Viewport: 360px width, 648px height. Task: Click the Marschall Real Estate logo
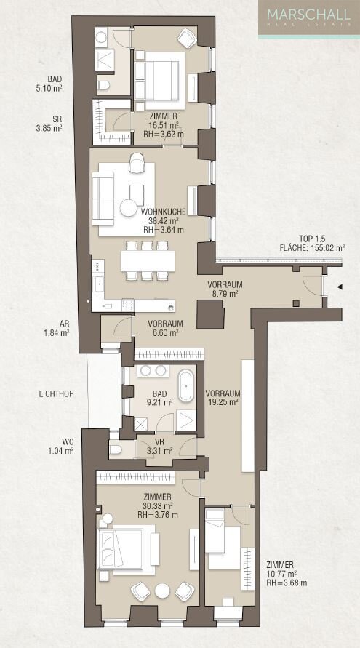tap(309, 17)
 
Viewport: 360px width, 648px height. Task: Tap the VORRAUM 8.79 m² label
tap(224, 289)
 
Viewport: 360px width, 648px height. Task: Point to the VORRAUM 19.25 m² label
tap(223, 398)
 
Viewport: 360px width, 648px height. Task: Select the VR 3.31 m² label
tap(159, 447)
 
